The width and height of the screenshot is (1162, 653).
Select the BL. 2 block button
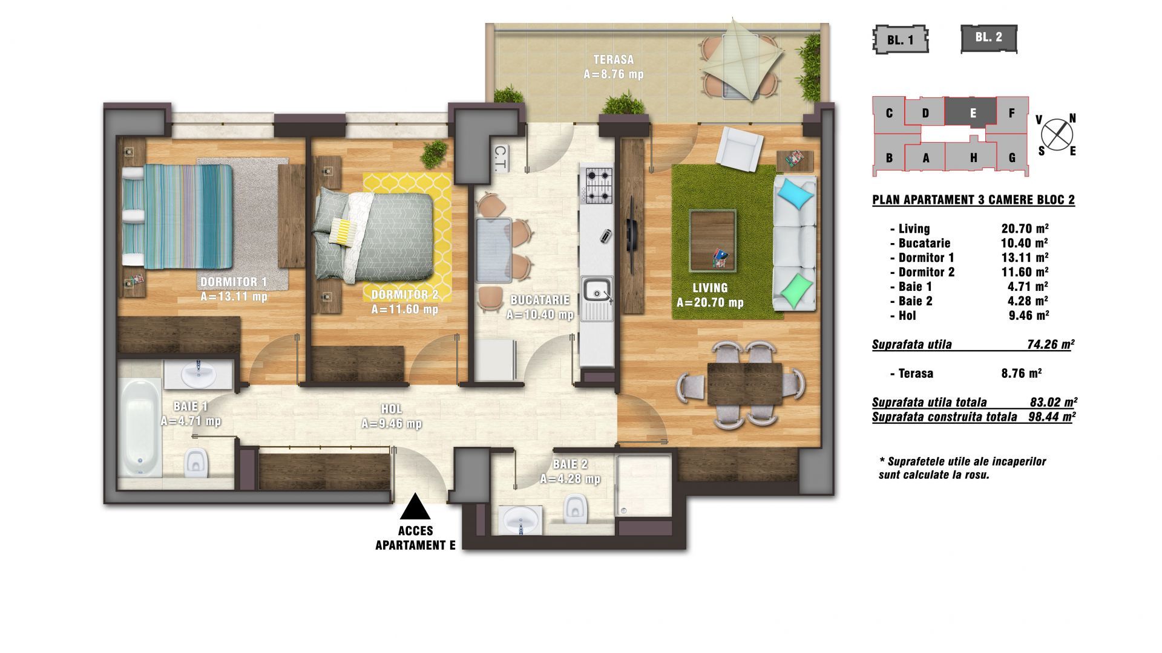coord(989,37)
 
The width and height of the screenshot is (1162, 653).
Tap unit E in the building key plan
coord(973,112)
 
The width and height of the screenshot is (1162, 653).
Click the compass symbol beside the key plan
coord(1057,134)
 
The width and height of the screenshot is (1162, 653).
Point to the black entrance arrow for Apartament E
coord(415,507)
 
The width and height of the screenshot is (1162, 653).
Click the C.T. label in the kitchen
coord(501,159)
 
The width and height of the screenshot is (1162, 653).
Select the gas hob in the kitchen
coord(597,186)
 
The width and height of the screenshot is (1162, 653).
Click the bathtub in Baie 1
coord(140,428)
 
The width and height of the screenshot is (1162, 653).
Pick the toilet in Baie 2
coord(573,508)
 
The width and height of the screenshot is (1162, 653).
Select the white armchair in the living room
coord(739,149)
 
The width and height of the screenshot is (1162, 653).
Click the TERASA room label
coord(613,60)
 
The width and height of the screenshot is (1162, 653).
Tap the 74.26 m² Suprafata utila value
coord(1050,345)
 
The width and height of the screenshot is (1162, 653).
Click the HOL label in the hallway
coord(392,409)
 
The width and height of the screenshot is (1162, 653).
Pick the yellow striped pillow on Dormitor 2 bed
coord(343,232)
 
